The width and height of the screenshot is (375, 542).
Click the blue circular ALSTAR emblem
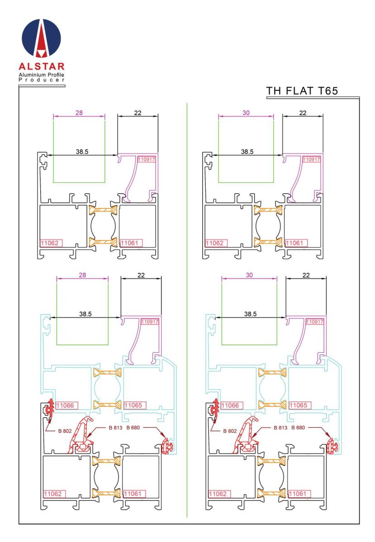(x=41, y=38)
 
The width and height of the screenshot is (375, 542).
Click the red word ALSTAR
(x=42, y=66)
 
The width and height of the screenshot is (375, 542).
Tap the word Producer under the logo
(x=42, y=79)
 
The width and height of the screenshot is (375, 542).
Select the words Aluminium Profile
(x=42, y=75)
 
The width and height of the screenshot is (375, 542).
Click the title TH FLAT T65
(x=302, y=91)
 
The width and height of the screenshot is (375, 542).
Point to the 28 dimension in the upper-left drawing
(x=79, y=113)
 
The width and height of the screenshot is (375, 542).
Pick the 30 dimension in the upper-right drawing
(x=246, y=113)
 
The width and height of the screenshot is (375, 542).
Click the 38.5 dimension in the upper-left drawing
(x=82, y=152)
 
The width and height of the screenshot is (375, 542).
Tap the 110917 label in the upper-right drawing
(x=312, y=159)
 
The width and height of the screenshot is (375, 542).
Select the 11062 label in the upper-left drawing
(x=51, y=243)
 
